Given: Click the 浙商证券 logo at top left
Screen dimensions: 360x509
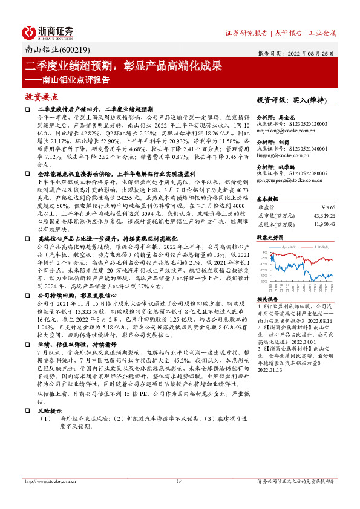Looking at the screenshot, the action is [x=48, y=31].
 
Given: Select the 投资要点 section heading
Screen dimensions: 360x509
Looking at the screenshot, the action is [x=41, y=96].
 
